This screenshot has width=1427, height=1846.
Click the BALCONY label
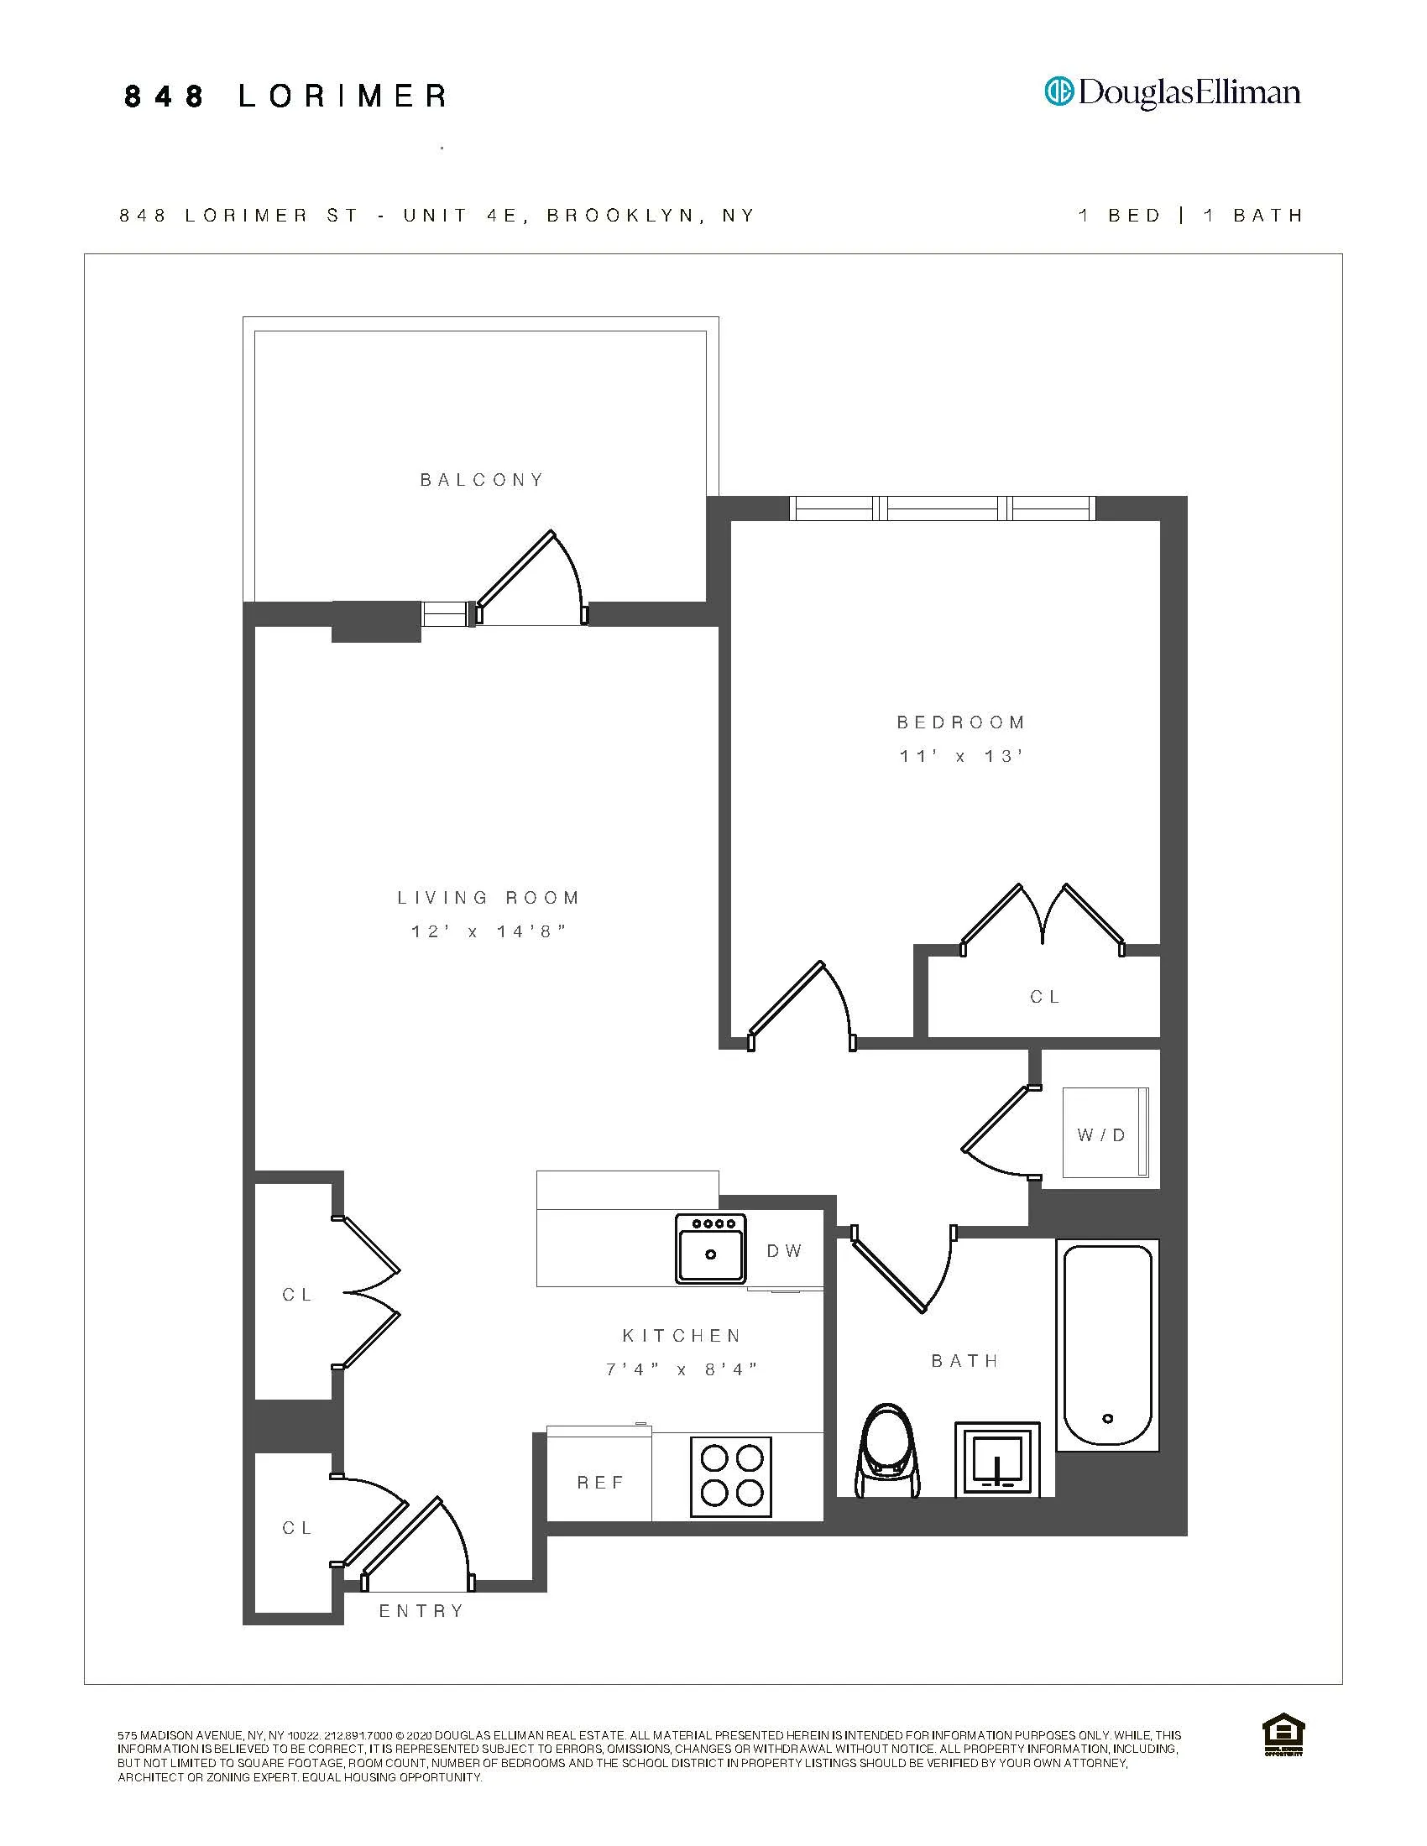(482, 480)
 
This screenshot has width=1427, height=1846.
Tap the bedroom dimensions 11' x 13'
(961, 757)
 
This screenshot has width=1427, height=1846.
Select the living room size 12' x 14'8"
(488, 931)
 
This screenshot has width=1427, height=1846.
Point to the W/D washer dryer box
(1101, 1135)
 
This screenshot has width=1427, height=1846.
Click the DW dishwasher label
(785, 1251)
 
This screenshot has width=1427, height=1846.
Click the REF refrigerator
(600, 1483)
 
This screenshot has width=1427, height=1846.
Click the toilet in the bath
(886, 1452)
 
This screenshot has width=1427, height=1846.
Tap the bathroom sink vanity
(997, 1460)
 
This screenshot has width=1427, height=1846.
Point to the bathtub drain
(1107, 1419)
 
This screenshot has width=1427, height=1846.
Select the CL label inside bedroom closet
(1045, 998)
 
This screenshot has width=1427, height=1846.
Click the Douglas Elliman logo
(1173, 92)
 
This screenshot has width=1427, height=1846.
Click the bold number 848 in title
(164, 96)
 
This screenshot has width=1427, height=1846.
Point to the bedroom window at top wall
(942, 508)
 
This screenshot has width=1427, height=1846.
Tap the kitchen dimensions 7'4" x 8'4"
(682, 1369)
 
